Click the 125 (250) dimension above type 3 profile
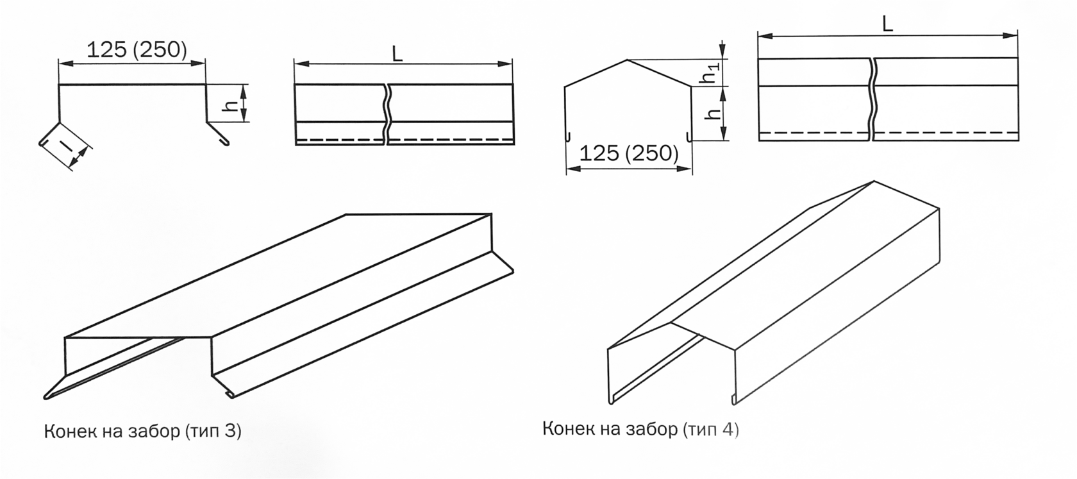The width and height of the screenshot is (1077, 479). click(137, 49)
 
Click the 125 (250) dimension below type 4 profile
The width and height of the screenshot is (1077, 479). click(629, 153)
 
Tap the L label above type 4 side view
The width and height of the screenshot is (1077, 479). click(887, 24)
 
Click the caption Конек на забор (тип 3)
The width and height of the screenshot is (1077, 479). click(143, 432)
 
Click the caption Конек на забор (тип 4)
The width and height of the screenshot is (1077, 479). click(640, 429)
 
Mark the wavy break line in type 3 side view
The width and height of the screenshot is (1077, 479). click(387, 114)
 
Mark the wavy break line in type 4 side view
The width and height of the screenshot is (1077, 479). click(872, 99)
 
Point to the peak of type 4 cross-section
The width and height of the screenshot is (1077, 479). click(627, 60)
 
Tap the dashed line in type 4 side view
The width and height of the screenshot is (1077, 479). click(889, 132)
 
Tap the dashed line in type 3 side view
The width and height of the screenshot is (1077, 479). click(405, 140)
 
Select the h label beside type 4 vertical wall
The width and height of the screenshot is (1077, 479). click(714, 113)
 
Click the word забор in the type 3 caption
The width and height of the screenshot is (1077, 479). click(153, 432)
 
